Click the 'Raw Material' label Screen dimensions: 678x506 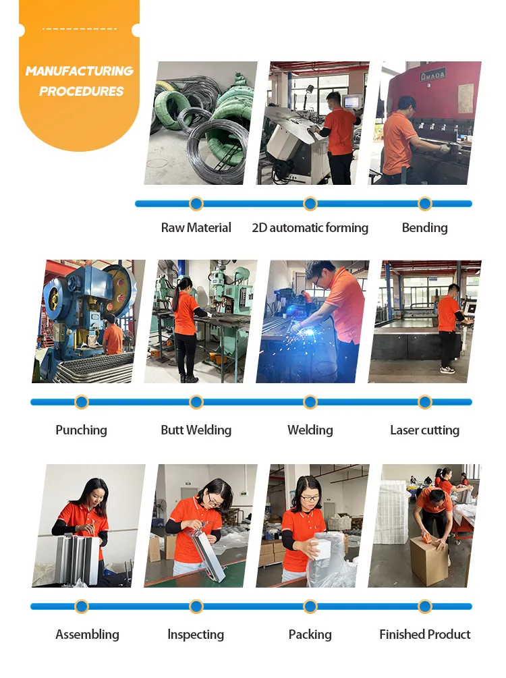click(196, 228)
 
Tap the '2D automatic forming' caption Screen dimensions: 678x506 click(310, 228)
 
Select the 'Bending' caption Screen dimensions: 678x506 click(424, 228)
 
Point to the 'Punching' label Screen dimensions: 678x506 click(81, 430)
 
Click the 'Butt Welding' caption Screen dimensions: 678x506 click(196, 430)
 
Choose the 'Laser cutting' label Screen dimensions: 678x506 click(424, 430)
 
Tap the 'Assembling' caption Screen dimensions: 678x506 click(87, 635)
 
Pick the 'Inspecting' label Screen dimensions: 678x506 click(196, 635)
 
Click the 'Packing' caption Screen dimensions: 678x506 click(310, 635)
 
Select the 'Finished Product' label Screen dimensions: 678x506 click(424, 635)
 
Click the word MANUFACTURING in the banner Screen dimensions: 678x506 click(80, 72)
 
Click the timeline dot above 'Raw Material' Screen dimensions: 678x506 click(196, 204)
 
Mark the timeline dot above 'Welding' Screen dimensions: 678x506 click(310, 403)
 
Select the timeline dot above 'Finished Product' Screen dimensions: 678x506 click(424, 606)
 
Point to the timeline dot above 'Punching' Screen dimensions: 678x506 click(81, 403)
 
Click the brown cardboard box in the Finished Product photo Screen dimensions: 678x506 click(429, 560)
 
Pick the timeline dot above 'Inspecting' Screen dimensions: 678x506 click(196, 606)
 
